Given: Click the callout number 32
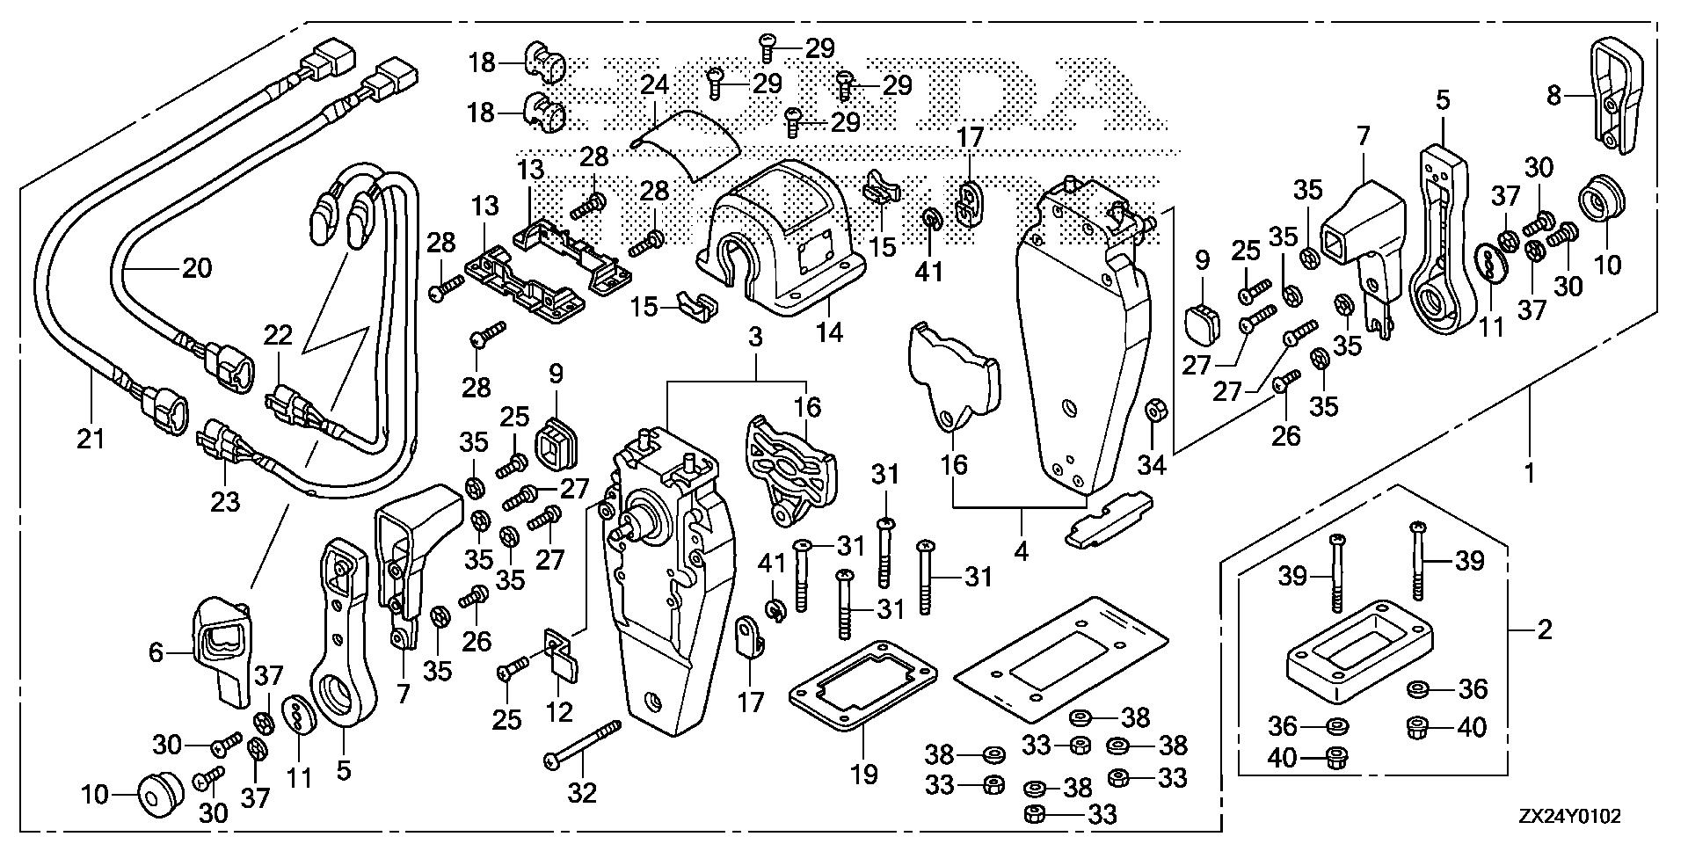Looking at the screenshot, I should pos(582,793).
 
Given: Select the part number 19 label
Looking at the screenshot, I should pos(864,775).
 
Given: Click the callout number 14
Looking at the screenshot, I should pos(829,332).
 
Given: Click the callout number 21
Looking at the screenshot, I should pos(91,437).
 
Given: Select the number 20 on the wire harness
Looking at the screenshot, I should pos(196,267).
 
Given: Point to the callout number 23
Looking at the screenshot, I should pos(225,501).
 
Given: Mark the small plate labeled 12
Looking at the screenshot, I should pos(559,673).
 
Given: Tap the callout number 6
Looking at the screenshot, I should pos(156,651).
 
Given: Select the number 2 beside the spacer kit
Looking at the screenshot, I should pos(1544,629).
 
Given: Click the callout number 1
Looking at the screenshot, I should pos(1530,473).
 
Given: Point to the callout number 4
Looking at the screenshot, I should pos(1021,553).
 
